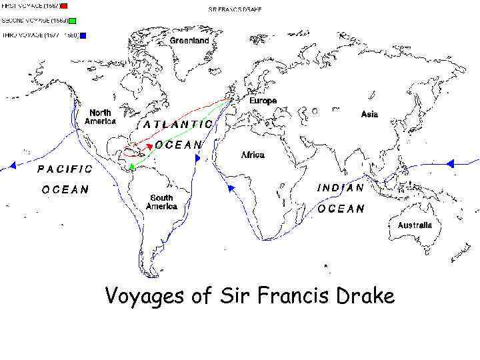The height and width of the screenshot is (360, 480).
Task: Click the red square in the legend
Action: click(x=63, y=6)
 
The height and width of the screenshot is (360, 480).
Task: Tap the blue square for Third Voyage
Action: click(x=83, y=35)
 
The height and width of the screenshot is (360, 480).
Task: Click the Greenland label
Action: click(x=189, y=41)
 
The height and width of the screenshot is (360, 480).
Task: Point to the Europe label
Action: click(x=263, y=101)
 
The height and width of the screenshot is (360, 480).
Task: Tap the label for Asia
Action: click(x=369, y=114)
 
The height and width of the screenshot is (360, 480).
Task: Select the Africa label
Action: click(x=253, y=155)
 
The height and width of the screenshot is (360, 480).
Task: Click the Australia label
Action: click(x=415, y=225)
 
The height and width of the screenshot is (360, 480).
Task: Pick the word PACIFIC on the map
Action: click(x=65, y=169)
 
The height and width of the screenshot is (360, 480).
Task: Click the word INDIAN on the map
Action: click(x=340, y=188)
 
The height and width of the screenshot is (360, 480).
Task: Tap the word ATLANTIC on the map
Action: click(x=178, y=124)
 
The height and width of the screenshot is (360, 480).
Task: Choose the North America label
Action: click(x=100, y=117)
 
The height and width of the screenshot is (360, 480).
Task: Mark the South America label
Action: click(x=161, y=202)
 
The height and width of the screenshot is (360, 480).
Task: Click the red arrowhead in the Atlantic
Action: click(x=150, y=145)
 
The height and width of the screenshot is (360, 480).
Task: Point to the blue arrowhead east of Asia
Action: click(x=449, y=163)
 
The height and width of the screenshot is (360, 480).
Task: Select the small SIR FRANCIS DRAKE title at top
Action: click(x=235, y=10)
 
